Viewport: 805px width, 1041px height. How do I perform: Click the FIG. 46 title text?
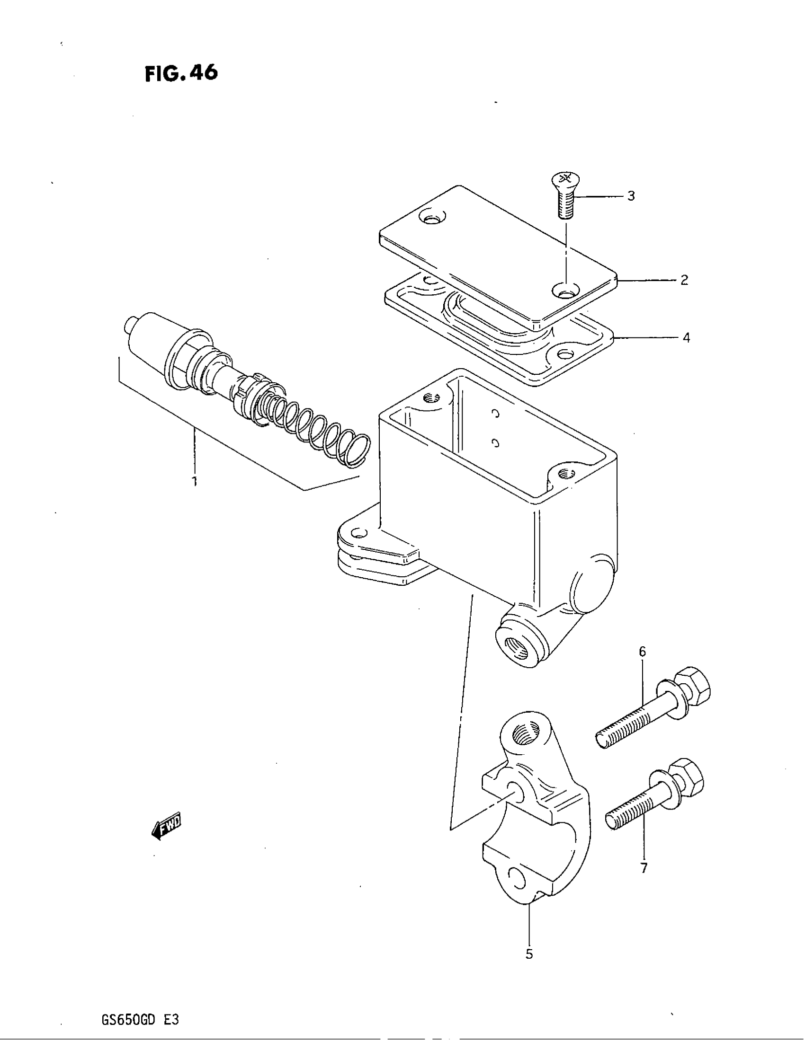pos(181,73)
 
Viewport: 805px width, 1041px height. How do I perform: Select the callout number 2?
pos(684,280)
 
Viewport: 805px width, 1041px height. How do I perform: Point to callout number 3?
pos(631,196)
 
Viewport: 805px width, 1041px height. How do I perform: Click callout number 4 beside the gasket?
pos(686,338)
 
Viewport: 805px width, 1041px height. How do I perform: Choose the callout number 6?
pos(643,651)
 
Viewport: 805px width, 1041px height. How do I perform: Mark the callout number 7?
pos(644,868)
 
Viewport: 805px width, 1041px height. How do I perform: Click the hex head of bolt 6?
pos(694,687)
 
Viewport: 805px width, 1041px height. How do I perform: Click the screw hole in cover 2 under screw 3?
pos(564,291)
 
